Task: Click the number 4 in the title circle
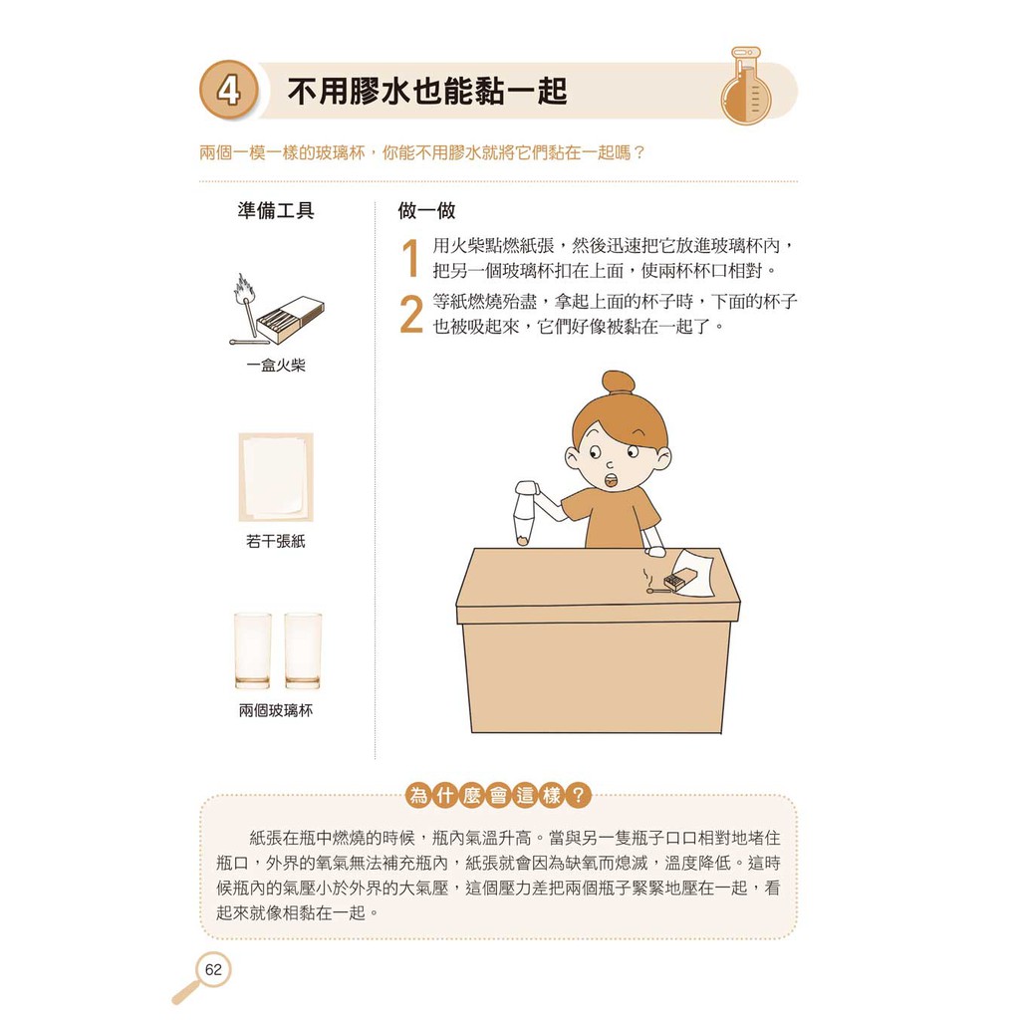pos(228,91)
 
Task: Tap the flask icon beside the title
pos(745,86)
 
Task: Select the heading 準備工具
pos(276,210)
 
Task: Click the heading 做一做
pos(426,210)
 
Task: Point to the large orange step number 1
pos(410,258)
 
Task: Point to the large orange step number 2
pos(411,314)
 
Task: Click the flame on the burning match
pos(244,288)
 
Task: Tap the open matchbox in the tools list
pos(290,320)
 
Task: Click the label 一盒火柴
pos(276,365)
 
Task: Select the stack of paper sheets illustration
pos(276,477)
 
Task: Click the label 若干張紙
pos(276,541)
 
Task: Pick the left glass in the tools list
pos(252,650)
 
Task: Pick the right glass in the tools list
pos(303,650)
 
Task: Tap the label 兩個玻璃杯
pos(276,710)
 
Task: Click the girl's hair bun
pos(618,382)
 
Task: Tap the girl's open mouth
pos(613,480)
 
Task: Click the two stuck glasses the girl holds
pos(526,513)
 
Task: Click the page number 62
pos(213,970)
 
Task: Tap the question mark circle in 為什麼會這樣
pos(578,795)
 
